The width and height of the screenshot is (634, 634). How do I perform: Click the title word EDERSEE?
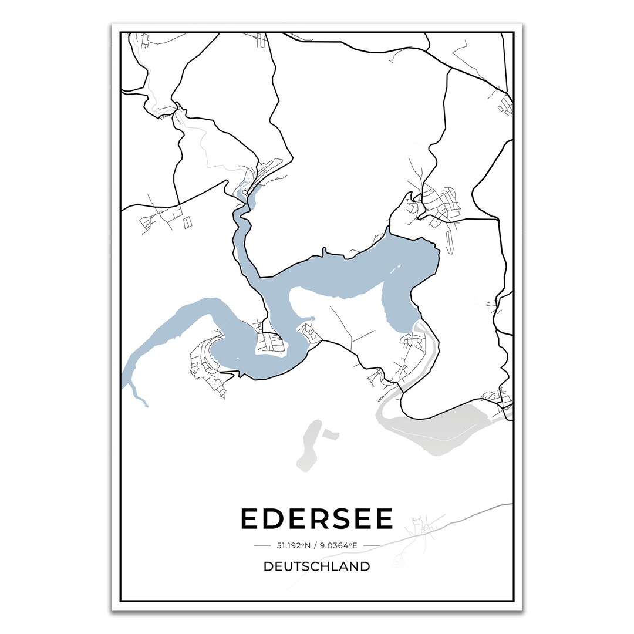pyautogui.click(x=317, y=519)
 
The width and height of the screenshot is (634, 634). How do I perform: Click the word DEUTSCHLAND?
pyautogui.click(x=317, y=566)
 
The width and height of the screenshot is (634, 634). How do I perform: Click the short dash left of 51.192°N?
pyautogui.click(x=262, y=545)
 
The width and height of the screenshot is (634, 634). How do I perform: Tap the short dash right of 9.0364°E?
pyautogui.click(x=372, y=545)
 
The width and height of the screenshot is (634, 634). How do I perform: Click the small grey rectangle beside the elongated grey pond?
pyautogui.click(x=331, y=434)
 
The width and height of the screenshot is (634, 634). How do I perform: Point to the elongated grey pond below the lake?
pyautogui.click(x=307, y=446)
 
